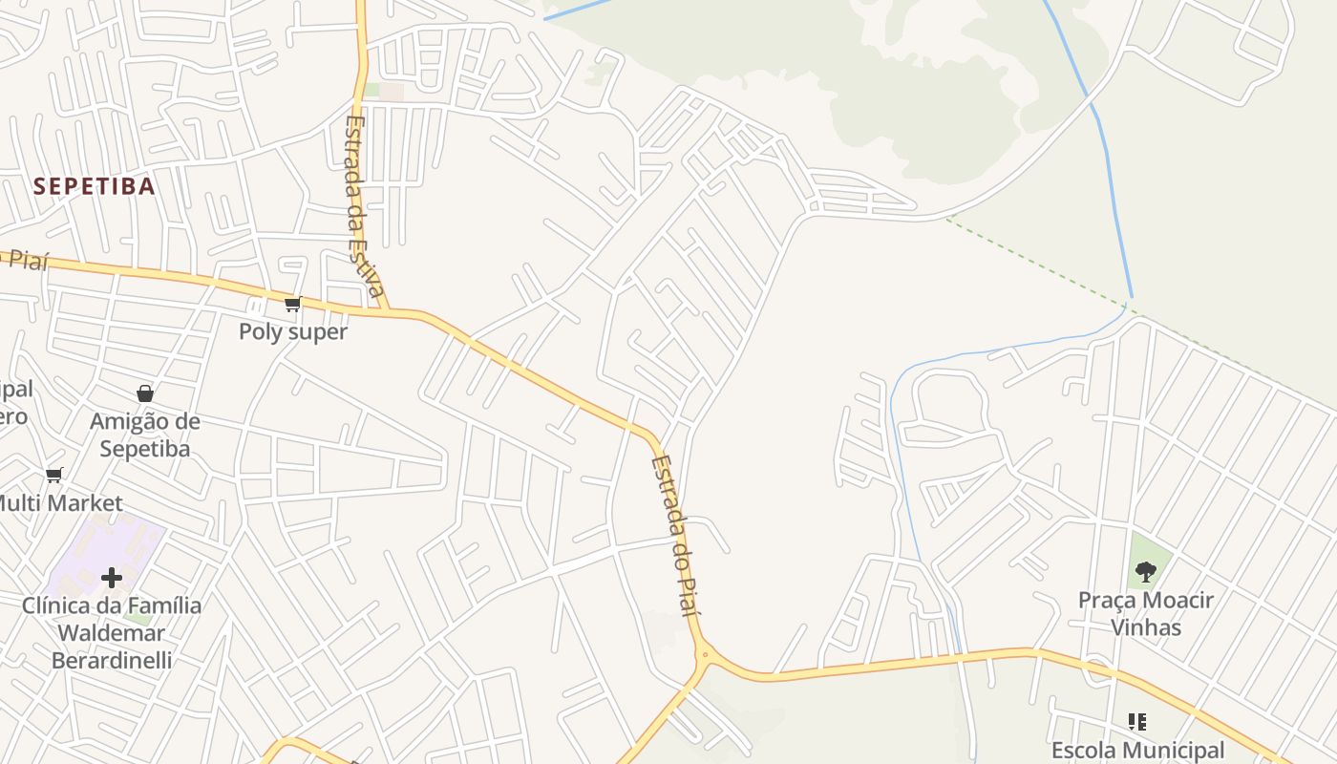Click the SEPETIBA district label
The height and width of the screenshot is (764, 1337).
pyautogui.click(x=94, y=186)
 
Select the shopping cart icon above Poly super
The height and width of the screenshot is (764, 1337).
pyautogui.click(x=292, y=305)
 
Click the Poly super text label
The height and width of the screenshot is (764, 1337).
pyautogui.click(x=292, y=332)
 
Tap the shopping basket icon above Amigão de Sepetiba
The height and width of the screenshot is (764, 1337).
pyautogui.click(x=145, y=393)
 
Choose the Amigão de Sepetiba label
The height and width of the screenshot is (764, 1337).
pyautogui.click(x=145, y=435)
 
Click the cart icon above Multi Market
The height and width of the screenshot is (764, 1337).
pyautogui.click(x=54, y=475)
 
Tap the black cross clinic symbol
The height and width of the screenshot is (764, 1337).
pyautogui.click(x=112, y=577)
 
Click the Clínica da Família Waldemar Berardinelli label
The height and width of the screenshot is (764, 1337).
pyautogui.click(x=112, y=632)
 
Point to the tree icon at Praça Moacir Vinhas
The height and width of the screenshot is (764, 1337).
pyautogui.click(x=1145, y=572)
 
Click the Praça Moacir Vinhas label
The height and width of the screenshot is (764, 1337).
pyautogui.click(x=1145, y=613)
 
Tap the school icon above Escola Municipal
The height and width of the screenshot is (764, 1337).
pyautogui.click(x=1136, y=721)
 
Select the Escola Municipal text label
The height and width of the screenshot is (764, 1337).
pyautogui.click(x=1136, y=751)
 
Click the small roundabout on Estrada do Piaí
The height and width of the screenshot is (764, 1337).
pyautogui.click(x=705, y=655)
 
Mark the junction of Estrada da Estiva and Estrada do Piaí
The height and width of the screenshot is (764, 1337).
pyautogui.click(x=386, y=310)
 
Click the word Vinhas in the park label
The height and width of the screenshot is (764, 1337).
pyautogui.click(x=1145, y=627)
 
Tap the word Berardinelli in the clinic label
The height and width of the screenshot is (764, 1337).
pyautogui.click(x=112, y=660)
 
